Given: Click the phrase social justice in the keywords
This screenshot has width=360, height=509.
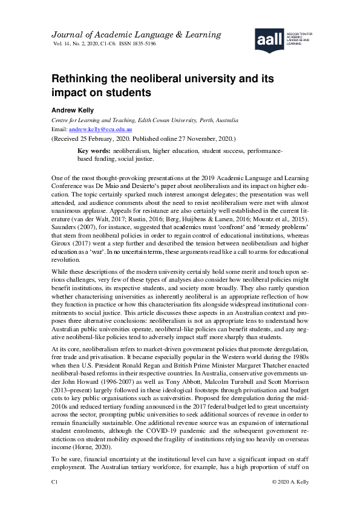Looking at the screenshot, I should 135,159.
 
